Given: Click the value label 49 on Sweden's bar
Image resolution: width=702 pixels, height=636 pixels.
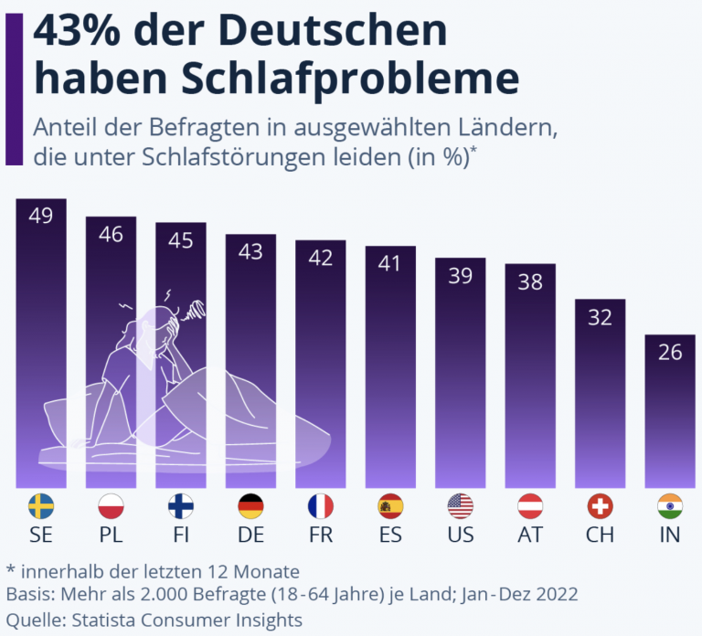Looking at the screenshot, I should click(x=41, y=217).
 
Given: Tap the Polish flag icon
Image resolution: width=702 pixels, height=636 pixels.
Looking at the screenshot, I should click(x=111, y=505).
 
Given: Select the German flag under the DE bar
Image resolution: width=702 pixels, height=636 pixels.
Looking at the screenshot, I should click(x=250, y=505).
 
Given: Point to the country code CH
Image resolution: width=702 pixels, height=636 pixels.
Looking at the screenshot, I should click(x=600, y=535).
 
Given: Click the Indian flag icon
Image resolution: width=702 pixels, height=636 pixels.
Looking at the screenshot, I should click(x=670, y=505).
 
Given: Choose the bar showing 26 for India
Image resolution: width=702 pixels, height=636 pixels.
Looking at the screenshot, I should click(x=670, y=411).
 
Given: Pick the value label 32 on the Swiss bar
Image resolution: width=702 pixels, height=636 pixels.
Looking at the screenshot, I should click(x=600, y=317).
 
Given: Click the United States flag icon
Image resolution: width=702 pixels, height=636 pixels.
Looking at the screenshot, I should click(x=460, y=505).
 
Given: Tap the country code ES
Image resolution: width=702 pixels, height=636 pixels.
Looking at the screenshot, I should click(x=390, y=535).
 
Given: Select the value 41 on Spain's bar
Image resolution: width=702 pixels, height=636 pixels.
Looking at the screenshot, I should click(x=390, y=264).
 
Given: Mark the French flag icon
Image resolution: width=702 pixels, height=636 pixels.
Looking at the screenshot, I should click(x=321, y=505).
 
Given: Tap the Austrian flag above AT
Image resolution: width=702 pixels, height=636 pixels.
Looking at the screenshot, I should click(x=530, y=505).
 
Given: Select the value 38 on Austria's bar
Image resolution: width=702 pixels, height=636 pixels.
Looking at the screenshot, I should click(x=530, y=282).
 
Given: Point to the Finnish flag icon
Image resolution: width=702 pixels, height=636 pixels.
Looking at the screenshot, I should click(x=181, y=505).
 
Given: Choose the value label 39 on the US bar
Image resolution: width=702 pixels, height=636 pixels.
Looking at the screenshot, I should click(x=460, y=276).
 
